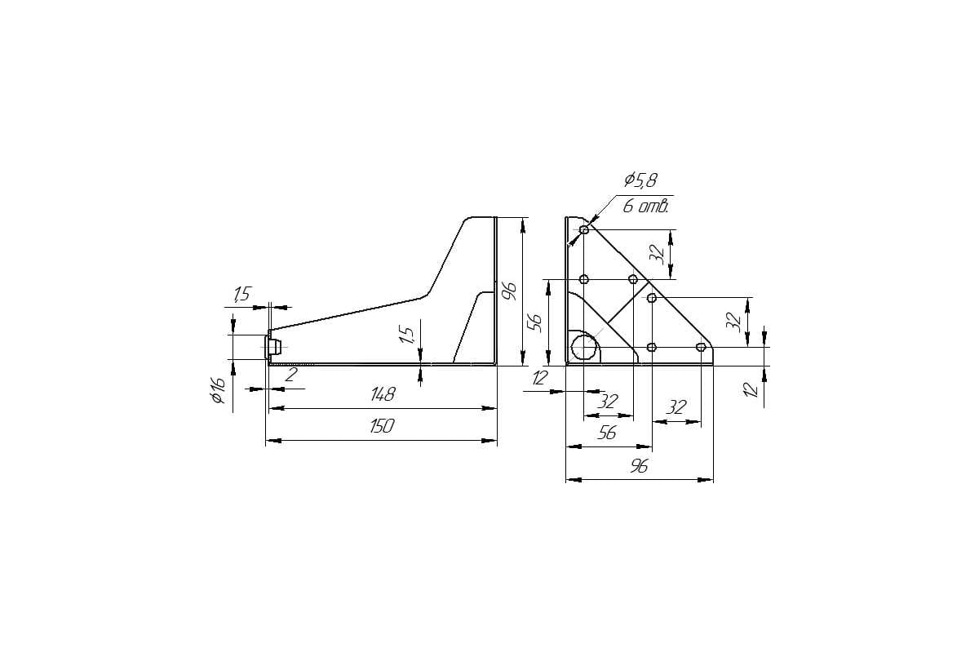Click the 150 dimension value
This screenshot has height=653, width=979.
click(x=382, y=426)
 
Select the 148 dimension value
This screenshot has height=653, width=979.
click(x=383, y=394)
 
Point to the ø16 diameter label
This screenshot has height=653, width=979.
click(x=218, y=390)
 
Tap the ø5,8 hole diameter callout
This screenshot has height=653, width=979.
click(x=640, y=180)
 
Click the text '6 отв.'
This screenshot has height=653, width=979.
click(x=645, y=206)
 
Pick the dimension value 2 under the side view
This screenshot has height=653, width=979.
click(x=291, y=375)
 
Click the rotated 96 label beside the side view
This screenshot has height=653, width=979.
click(x=509, y=291)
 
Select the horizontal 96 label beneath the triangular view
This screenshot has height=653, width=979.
click(x=639, y=467)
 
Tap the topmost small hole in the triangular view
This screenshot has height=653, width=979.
click(x=584, y=229)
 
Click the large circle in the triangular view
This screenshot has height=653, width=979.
click(x=584, y=346)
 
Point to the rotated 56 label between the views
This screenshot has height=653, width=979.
click(x=535, y=323)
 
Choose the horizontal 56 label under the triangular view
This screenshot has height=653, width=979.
click(x=607, y=433)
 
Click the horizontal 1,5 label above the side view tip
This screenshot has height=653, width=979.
click(x=241, y=294)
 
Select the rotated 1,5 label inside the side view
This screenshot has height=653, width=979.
click(x=406, y=335)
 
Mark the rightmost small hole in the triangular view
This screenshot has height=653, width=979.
click(x=701, y=347)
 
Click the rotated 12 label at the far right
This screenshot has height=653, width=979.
click(x=750, y=389)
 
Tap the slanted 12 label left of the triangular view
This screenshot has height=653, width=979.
click(x=540, y=377)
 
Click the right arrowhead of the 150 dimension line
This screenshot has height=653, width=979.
click(x=489, y=441)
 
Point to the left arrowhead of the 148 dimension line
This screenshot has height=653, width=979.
click(x=277, y=408)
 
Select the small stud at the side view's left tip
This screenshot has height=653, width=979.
click(x=273, y=347)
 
